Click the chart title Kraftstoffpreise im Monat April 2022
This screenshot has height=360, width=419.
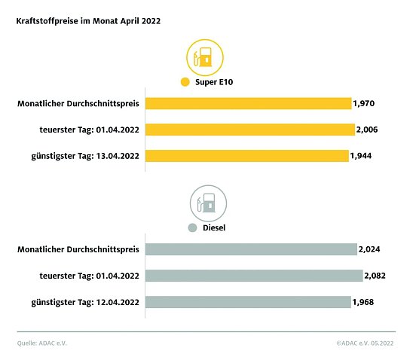click(x=88, y=22)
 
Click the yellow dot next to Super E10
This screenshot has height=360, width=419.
click(x=185, y=82)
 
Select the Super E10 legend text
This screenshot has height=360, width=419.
click(x=213, y=82)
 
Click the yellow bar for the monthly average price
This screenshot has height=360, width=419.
click(x=248, y=103)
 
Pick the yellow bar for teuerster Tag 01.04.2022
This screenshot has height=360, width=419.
click(x=249, y=130)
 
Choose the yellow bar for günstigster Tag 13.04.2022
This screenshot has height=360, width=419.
click(x=246, y=156)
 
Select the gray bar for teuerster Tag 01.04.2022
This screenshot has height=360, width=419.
click(x=254, y=276)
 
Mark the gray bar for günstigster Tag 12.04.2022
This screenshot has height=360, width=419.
click(x=248, y=302)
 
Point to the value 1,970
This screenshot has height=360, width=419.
click(x=364, y=103)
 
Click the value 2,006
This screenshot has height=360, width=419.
click(x=367, y=130)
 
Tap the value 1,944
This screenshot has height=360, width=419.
click(x=362, y=156)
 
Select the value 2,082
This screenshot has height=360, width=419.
click(x=375, y=276)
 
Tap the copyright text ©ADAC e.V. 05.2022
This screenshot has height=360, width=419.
click(x=365, y=343)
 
